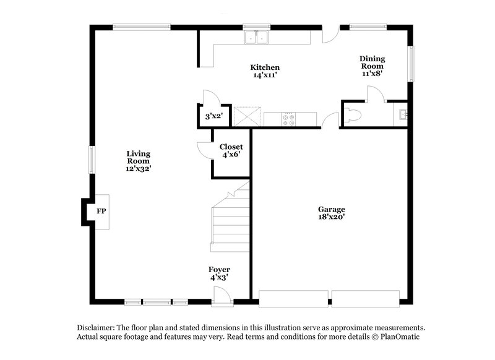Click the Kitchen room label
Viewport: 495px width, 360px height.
click(x=265, y=67)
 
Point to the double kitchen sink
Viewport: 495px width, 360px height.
click(x=256, y=37)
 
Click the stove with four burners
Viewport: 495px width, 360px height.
click(x=288, y=118)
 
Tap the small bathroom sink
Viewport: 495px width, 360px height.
click(x=401, y=114)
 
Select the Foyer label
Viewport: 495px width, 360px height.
click(x=219, y=270)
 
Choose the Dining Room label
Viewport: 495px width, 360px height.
click(x=372, y=62)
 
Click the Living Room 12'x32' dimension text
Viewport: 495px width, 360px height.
click(x=139, y=168)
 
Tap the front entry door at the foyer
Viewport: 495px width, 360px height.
click(x=222, y=301)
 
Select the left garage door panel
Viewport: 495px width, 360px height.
click(x=293, y=298)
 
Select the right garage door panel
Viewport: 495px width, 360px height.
click(x=367, y=298)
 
